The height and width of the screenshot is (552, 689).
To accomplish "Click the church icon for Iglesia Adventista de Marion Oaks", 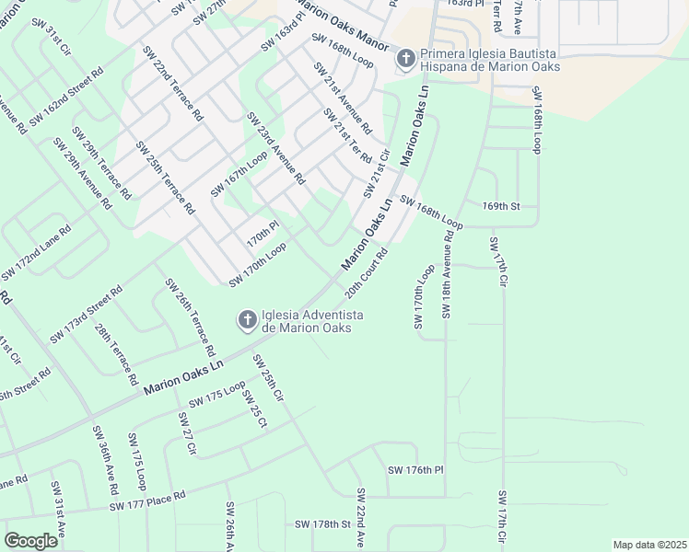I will point(247,320).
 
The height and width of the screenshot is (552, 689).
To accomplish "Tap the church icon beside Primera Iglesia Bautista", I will point(404,60).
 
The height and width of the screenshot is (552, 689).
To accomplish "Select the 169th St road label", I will point(501,207).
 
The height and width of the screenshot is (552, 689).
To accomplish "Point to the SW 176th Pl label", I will point(415,470).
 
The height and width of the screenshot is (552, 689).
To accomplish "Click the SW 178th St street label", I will point(323,523).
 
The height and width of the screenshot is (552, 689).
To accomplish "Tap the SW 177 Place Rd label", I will point(147,500).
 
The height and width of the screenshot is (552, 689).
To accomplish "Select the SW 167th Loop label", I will point(239,174).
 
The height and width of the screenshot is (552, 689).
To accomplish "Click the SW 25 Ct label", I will point(254,409).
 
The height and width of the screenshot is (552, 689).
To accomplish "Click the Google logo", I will point(30,541).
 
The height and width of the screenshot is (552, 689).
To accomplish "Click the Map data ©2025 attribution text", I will point(649,545).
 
